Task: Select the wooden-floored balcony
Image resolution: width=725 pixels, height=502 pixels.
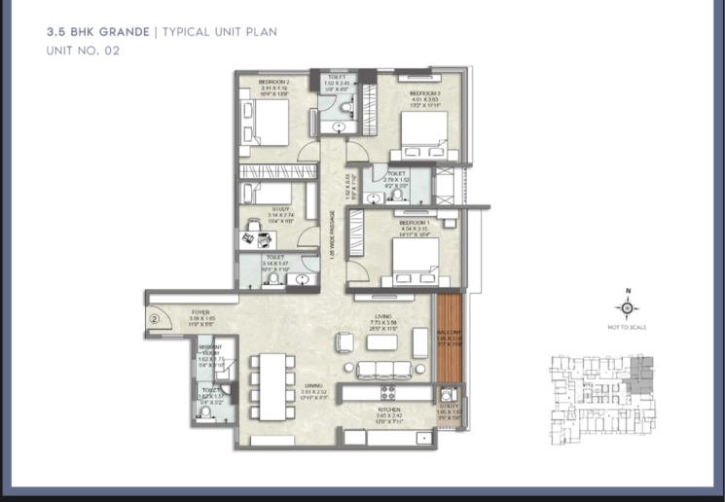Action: pyautogui.click(x=448, y=341)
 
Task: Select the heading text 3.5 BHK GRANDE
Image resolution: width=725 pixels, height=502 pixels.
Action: pyautogui.click(x=96, y=32)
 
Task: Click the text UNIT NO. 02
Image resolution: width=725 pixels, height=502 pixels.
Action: pyautogui.click(x=83, y=51)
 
